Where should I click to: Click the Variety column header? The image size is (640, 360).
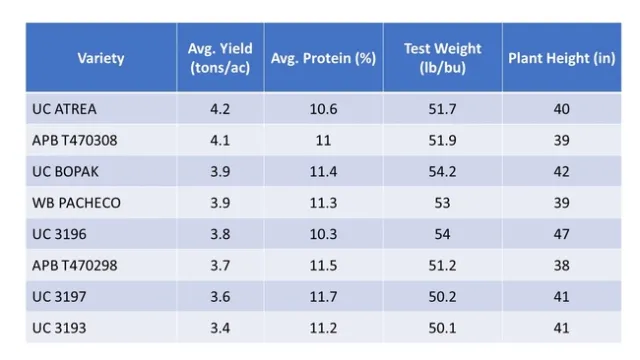pos(101,58)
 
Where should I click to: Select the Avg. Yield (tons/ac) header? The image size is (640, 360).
pos(220,58)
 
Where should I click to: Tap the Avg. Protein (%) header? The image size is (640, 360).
pos(323,58)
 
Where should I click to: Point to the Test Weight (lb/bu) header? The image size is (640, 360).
pos(442,58)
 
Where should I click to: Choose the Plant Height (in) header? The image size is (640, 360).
pos(561,58)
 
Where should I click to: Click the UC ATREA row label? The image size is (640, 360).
pos(65,109)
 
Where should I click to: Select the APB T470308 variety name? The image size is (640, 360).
pos(75,140)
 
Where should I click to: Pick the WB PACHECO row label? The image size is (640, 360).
pos(76,203)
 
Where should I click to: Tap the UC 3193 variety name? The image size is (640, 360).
pos(59,328)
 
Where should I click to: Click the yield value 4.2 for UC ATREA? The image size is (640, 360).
pos(220,109)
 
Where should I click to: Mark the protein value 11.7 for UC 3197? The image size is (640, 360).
pos(323,297)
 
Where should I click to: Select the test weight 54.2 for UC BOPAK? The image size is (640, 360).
pos(442,172)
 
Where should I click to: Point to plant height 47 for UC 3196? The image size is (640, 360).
pos(561,234)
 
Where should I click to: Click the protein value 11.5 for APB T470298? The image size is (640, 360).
pos(323,266)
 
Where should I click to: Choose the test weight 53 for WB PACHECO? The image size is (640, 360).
pos(442,203)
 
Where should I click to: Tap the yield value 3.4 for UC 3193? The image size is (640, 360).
pos(220,328)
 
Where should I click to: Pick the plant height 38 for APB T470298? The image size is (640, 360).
pos(561,266)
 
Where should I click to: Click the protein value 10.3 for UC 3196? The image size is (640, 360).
pos(323,234)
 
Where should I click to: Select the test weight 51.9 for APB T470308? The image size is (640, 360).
pos(442,140)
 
